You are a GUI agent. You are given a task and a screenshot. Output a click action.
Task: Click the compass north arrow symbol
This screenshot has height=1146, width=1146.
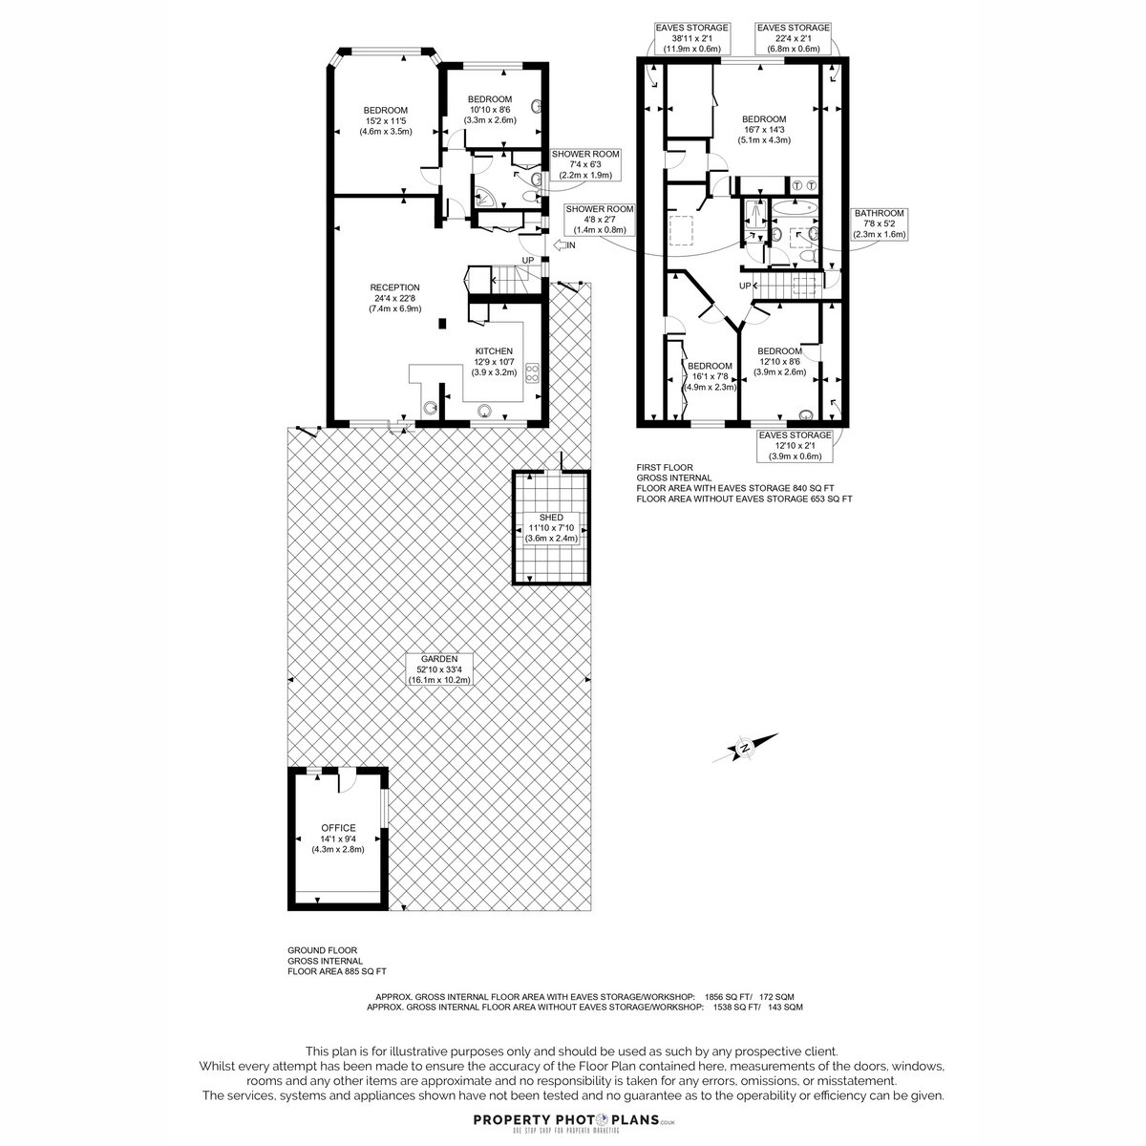745,748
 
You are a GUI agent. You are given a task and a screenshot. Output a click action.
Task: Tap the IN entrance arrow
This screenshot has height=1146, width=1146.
559,245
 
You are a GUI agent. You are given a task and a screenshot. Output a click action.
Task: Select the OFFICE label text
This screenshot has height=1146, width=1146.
338,828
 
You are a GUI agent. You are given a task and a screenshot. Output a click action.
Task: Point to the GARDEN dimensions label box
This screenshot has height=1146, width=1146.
439,669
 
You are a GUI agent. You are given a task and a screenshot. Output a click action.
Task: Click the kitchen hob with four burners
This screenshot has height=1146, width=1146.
532,372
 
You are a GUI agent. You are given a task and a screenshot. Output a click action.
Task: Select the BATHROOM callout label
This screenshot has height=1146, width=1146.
880,223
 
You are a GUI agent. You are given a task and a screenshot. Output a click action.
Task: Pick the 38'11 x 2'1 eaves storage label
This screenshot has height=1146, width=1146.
691,38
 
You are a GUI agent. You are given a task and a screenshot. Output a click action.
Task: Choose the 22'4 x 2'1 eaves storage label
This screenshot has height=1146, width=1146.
794,38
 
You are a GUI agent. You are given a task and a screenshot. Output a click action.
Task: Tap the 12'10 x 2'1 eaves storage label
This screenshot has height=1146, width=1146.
796,446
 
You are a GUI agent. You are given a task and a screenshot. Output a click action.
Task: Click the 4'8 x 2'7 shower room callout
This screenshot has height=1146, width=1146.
600,220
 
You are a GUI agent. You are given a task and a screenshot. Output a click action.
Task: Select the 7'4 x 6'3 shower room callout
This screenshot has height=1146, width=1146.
585,164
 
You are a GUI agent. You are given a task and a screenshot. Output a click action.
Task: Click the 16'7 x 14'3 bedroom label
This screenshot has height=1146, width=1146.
764,130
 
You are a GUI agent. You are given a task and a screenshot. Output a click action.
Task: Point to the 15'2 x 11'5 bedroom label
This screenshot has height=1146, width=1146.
386,120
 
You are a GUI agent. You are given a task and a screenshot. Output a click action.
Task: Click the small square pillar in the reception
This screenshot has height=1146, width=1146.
442,324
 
